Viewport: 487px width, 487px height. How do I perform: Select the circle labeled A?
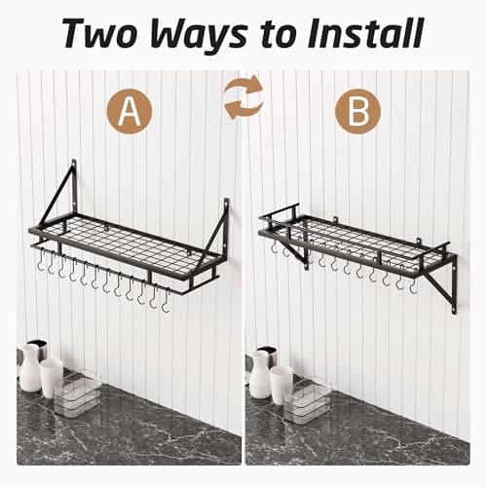(130, 111)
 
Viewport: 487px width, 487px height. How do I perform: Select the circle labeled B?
(357, 111)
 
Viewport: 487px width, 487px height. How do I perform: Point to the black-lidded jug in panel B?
(260, 369)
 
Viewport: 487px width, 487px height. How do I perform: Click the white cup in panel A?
(52, 377)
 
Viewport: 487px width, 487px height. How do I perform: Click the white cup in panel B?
(281, 383)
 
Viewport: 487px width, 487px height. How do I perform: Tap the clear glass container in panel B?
(307, 398)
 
